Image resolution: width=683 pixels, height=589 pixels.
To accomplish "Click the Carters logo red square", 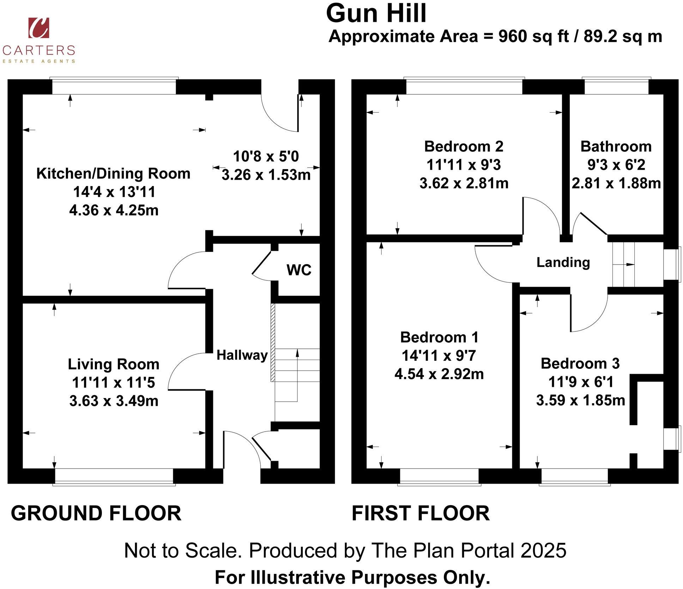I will [x=38, y=28].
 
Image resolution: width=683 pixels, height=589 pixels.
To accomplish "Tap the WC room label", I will [x=299, y=270].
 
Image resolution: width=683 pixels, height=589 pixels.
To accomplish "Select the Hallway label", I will [x=242, y=355].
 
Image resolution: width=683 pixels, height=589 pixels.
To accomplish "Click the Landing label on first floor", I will [x=563, y=262].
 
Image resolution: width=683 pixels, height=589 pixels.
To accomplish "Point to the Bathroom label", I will [x=616, y=147].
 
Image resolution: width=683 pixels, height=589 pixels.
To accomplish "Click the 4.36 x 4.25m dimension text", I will [x=114, y=210].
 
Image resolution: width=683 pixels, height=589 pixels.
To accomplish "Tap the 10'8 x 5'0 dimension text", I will [x=266, y=156].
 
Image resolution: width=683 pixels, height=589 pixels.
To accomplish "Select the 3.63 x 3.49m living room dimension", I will [x=114, y=401].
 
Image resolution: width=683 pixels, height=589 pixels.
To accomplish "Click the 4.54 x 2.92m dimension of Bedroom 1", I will [x=439, y=374].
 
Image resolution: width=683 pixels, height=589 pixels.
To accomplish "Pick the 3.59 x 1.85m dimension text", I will [x=580, y=400].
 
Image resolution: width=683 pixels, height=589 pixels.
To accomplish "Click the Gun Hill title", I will [x=376, y=13].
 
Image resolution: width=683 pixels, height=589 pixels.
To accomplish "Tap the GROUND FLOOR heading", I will [x=96, y=513].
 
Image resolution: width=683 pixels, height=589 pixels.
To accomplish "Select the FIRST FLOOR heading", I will [x=420, y=513].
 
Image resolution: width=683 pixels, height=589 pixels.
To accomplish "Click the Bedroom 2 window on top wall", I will [x=464, y=87].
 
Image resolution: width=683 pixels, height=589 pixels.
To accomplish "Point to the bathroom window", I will [x=616, y=87].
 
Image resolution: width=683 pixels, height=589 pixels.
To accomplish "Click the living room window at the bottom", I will [x=114, y=476].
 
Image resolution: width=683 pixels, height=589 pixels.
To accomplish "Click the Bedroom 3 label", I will [x=580, y=364].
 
